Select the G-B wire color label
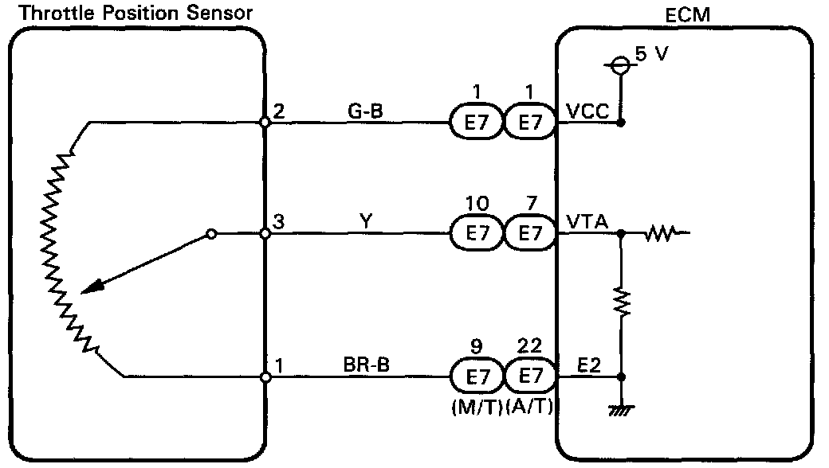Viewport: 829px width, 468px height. [366, 111]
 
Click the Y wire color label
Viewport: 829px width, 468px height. [366, 223]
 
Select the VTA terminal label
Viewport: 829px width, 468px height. [587, 224]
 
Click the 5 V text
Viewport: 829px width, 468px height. [650, 55]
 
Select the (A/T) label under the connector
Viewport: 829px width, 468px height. [529, 408]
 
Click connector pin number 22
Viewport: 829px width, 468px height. [529, 346]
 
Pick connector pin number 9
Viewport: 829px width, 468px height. [477, 346]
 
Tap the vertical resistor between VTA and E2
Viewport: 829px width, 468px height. [621, 300]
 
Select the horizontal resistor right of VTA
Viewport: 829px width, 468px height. [661, 234]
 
